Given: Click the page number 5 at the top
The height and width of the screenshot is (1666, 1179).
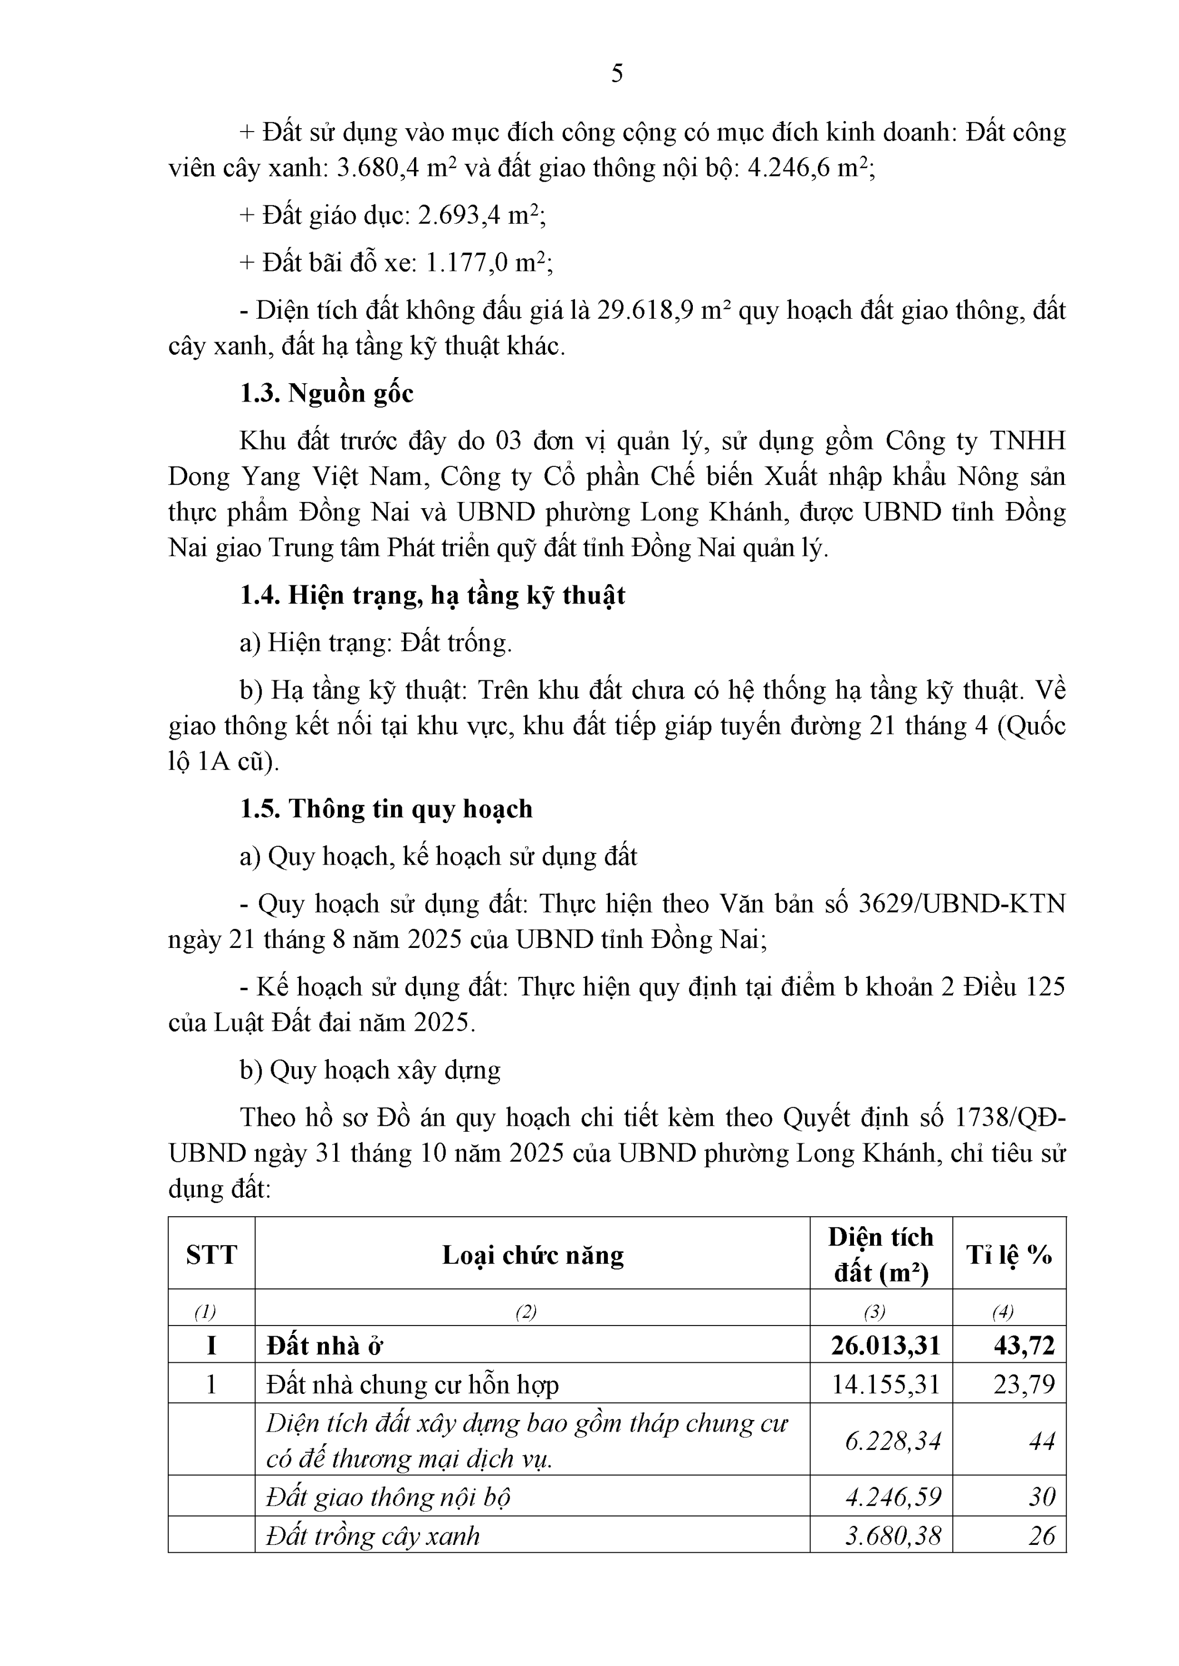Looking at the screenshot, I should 616,74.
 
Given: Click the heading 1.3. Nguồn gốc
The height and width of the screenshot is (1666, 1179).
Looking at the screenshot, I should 327,393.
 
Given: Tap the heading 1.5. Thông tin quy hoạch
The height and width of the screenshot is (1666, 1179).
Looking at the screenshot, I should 386,809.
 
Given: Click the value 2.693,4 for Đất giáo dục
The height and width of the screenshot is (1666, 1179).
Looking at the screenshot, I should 459,215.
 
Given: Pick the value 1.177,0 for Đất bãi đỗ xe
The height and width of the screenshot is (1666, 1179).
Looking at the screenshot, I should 466,263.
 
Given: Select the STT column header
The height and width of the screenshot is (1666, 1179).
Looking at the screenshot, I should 211,1254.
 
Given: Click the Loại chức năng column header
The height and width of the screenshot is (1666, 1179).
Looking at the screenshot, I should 532,1254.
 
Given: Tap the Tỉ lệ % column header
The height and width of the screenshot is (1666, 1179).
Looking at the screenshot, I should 1008,1254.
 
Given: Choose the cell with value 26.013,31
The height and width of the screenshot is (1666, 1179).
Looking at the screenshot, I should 885,1346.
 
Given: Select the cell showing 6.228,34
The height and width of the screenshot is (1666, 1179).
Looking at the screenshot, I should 892,1441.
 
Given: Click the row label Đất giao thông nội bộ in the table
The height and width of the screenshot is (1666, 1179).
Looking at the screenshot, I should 388,1497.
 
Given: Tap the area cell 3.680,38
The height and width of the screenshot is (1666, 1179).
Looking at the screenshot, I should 892,1535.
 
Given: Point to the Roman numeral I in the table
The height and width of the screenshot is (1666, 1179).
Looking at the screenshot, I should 211,1346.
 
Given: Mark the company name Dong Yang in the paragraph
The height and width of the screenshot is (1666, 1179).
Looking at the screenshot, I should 234,476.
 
